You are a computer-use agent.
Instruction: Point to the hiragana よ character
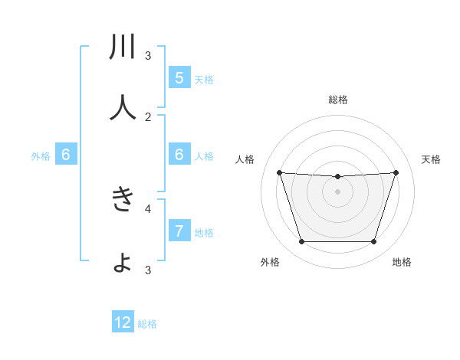123,263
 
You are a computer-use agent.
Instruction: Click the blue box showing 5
179,78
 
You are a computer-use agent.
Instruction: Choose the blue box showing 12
123,322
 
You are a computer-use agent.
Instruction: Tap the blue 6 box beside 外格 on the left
65,155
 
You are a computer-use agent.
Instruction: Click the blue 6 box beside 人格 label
179,155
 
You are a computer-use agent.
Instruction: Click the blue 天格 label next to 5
204,80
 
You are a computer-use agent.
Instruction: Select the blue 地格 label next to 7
204,233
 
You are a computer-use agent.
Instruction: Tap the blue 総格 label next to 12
147,324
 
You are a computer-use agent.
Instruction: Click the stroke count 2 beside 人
148,117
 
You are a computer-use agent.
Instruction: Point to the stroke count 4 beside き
148,208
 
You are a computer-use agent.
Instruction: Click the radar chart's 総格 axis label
337,100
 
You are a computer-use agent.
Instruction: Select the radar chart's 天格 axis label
431,159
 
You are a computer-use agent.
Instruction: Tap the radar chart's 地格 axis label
402,263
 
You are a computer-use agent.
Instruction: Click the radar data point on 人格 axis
279,172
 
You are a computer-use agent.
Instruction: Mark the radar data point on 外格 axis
301,242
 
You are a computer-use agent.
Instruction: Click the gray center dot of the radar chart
337,191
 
